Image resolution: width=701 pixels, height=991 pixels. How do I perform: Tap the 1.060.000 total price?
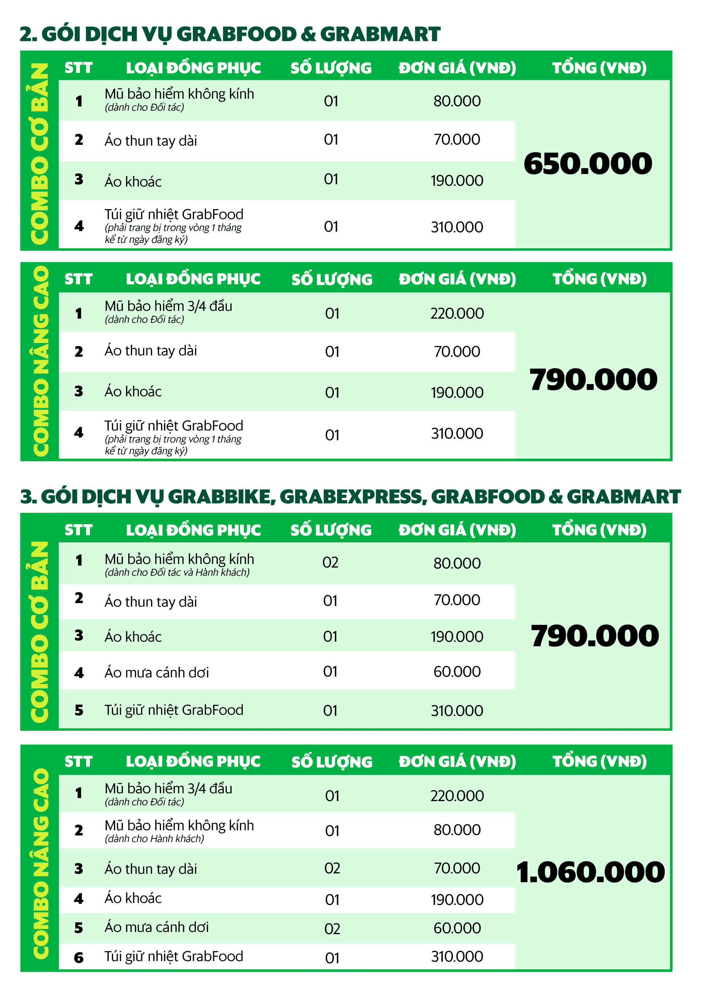tap(590, 872)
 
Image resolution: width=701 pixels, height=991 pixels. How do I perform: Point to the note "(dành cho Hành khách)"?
tap(154, 839)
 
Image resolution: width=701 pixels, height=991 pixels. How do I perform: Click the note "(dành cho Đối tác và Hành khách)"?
tap(177, 572)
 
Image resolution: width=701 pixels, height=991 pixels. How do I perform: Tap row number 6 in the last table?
tap(78, 958)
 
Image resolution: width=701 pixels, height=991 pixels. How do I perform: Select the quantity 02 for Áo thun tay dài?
tap(332, 868)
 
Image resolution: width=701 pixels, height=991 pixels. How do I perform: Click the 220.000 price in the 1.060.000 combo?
tap(457, 795)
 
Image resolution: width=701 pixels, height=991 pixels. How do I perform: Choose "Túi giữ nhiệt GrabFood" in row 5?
tap(173, 710)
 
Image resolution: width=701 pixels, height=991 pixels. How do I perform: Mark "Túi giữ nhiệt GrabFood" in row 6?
tap(173, 956)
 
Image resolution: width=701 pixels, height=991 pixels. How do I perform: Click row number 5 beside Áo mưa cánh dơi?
tap(78, 927)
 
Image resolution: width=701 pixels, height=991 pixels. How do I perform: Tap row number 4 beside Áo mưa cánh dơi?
tap(78, 672)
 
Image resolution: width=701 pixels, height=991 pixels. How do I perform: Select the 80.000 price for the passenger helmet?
tap(457, 830)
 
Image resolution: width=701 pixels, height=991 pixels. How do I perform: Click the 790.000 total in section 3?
tap(594, 636)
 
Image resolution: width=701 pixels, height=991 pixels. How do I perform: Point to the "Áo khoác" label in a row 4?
tap(133, 898)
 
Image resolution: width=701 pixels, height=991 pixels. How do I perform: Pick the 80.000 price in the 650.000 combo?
tap(457, 101)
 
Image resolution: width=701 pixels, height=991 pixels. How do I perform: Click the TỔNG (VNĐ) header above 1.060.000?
tap(599, 761)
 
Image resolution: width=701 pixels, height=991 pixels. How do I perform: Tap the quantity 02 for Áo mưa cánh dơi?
tap(332, 929)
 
